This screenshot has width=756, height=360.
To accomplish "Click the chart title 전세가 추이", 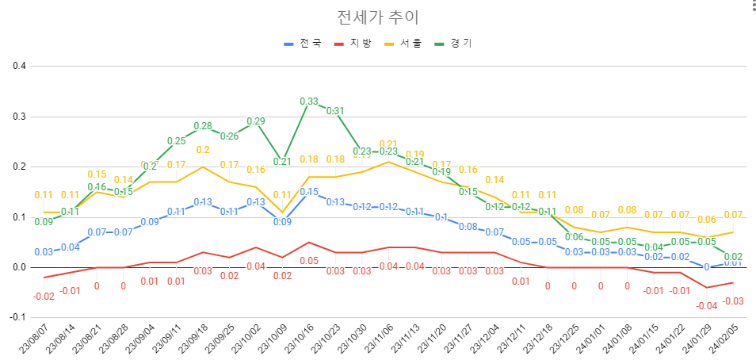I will coord(378,17).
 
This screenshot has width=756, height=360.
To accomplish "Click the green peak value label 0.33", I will coord(309,101).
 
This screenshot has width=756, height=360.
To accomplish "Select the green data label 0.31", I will coord(335,111).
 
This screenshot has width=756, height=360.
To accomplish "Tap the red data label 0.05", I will coord(309,260).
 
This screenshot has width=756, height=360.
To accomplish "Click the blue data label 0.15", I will coord(309,192).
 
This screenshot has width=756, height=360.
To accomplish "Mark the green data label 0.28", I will coord(203,126).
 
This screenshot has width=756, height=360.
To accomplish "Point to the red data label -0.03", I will coord(733,301).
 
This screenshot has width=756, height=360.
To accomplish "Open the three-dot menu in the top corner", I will coord(746,7).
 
